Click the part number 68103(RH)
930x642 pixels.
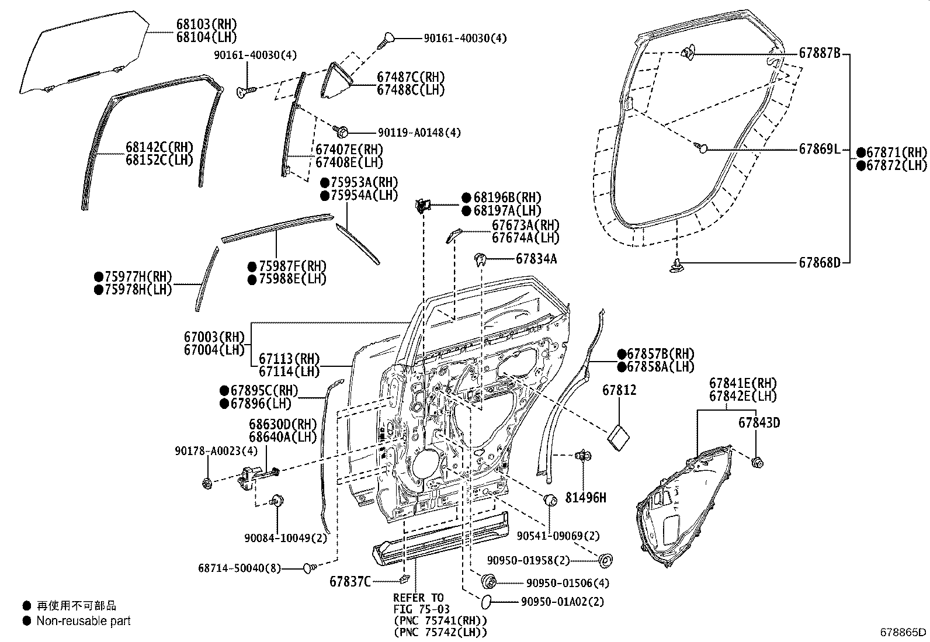coord(198,24)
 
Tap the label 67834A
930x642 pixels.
coord(536,259)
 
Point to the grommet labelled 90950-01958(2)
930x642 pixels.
coord(605,561)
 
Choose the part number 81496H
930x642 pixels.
coord(585,498)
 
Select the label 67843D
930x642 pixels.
coord(759,422)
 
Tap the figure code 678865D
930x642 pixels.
coord(904,632)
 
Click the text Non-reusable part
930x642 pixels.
coord(84,621)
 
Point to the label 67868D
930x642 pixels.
coord(819,262)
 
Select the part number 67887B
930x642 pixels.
coord(819,53)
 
